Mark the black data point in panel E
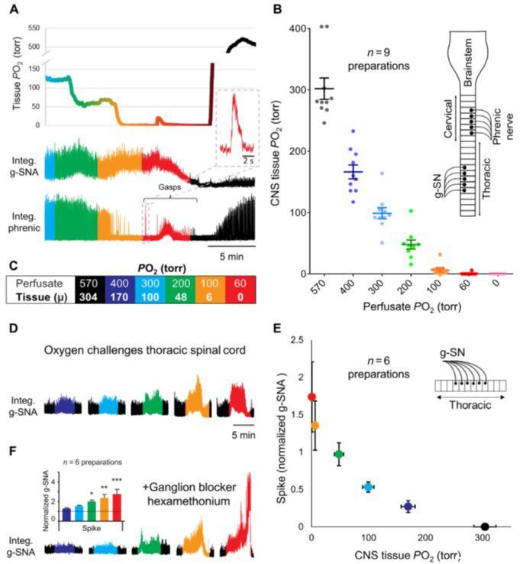point(485,526)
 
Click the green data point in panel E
point(339,454)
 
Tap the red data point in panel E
point(311,397)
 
